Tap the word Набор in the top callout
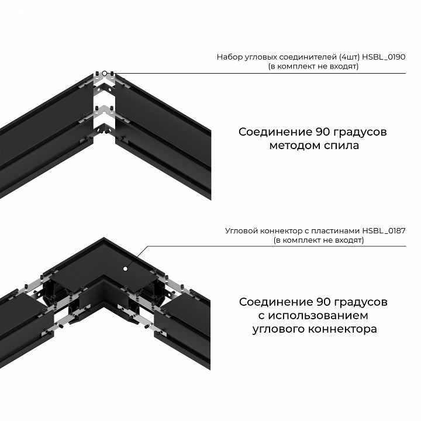(x=228, y=57)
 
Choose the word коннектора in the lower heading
(x=343, y=330)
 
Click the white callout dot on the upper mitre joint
(x=103, y=74)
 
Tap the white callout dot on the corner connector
(x=125, y=268)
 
